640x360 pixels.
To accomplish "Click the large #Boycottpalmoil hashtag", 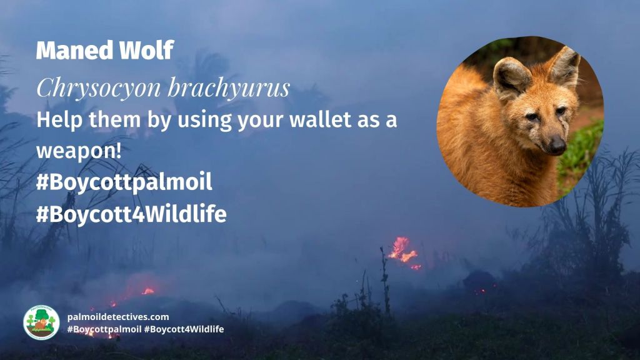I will pyautogui.click(x=124, y=182).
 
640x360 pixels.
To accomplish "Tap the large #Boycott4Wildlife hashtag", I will pyautogui.click(x=131, y=214).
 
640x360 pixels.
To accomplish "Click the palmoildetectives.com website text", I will pyautogui.click(x=118, y=317).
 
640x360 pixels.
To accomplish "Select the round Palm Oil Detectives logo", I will pyautogui.click(x=41, y=322).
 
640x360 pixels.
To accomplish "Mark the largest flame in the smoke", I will pyautogui.click(x=402, y=250).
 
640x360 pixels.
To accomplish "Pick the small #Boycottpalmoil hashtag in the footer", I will pyautogui.click(x=104, y=329).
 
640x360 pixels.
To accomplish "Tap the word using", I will pyautogui.click(x=197, y=120).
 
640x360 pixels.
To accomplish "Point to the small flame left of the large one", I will pyautogui.click(x=147, y=291).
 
